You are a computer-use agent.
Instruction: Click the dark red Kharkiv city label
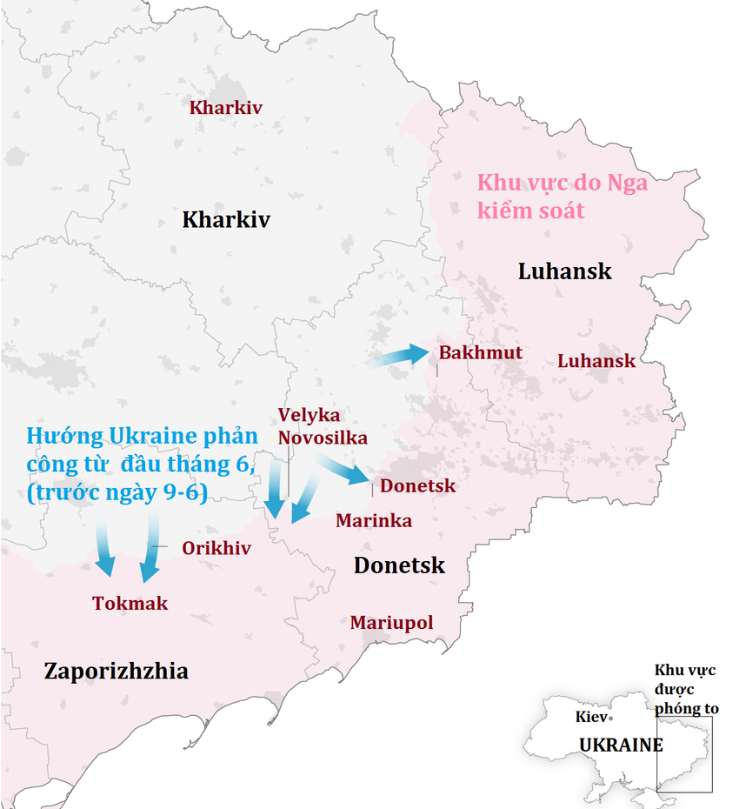pyautogui.click(x=226, y=109)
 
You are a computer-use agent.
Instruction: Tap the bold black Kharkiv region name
pyautogui.click(x=226, y=219)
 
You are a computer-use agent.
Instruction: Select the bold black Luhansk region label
pyautogui.click(x=564, y=271)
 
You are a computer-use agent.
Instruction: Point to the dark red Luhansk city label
pyautogui.click(x=596, y=361)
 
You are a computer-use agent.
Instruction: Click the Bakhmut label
pyautogui.click(x=481, y=352)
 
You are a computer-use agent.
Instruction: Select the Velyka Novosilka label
pyautogui.click(x=323, y=426)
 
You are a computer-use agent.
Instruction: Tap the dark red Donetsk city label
pyautogui.click(x=417, y=485)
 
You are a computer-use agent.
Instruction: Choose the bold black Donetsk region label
pyautogui.click(x=399, y=565)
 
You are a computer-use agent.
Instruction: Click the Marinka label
pyautogui.click(x=374, y=521)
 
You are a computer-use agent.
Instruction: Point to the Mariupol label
pyautogui.click(x=391, y=623)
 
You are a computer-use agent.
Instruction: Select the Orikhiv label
pyautogui.click(x=216, y=548)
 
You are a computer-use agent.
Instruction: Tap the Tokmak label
pyautogui.click(x=130, y=603)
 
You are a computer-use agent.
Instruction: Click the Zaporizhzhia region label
pyautogui.click(x=116, y=672)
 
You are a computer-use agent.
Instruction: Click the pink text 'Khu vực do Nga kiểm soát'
pyautogui.click(x=562, y=197)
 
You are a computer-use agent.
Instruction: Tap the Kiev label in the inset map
pyautogui.click(x=591, y=718)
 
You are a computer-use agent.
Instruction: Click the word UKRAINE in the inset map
pyautogui.click(x=621, y=745)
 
